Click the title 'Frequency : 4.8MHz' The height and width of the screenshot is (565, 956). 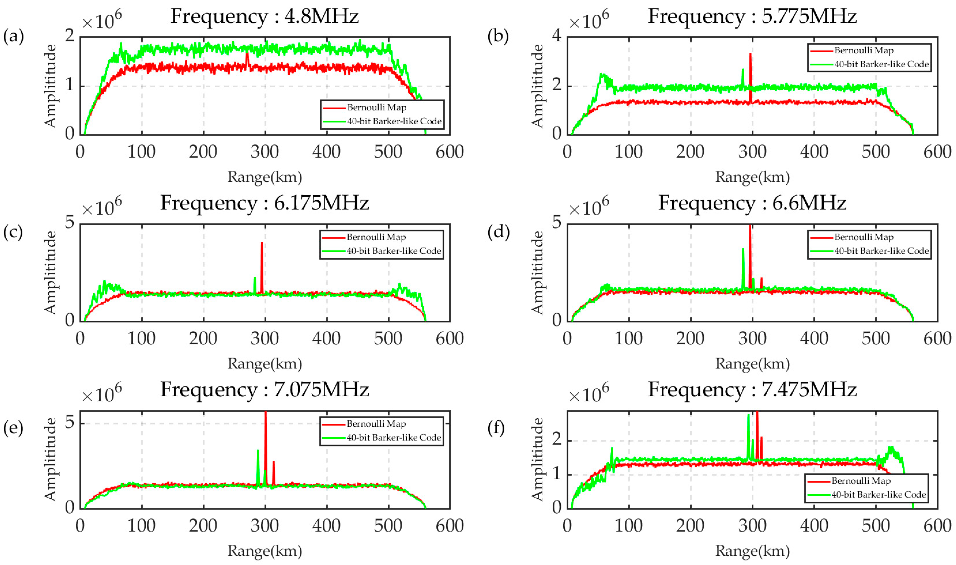pos(264,16)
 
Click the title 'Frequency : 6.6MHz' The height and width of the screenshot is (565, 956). pos(752,203)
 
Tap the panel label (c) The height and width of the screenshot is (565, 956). pos(13,232)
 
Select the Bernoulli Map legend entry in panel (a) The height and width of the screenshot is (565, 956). pos(376,108)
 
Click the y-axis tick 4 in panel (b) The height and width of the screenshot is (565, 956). pos(557,36)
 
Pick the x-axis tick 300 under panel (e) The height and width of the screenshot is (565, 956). pos(265,526)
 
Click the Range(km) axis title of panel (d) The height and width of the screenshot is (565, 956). pos(752,364)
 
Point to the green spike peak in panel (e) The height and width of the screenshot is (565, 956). pos(258,451)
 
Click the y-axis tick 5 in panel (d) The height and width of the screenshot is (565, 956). pos(557,222)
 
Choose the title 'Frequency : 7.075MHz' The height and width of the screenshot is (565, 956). pos(264,390)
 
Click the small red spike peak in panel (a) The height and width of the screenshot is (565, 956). pos(247,53)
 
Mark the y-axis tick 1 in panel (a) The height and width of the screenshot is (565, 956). pos(69,85)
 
